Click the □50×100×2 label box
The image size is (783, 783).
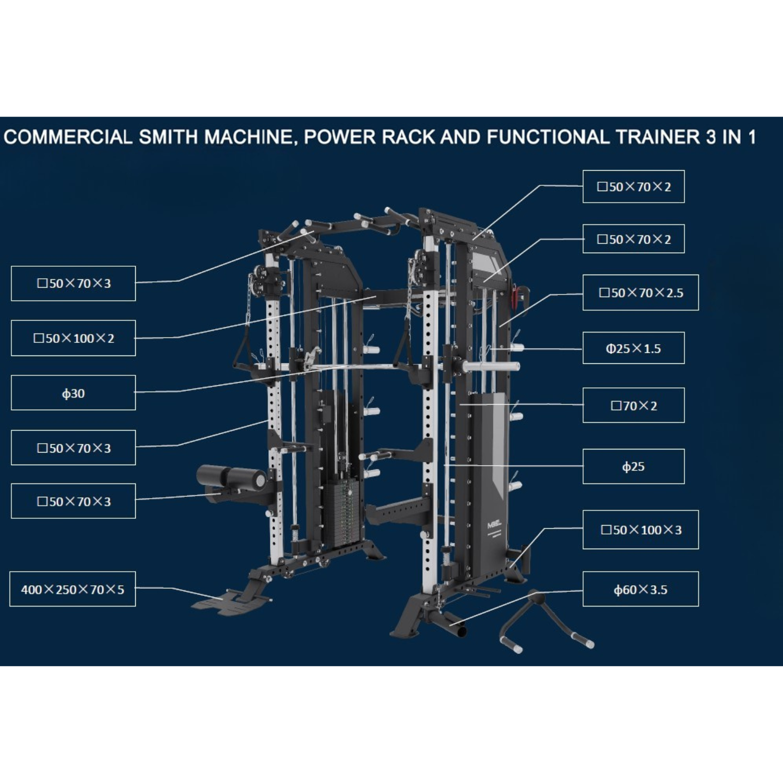[x=73, y=338]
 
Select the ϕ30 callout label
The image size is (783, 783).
[x=73, y=393]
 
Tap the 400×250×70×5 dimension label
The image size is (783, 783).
[x=73, y=589]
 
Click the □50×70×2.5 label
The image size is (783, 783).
[x=640, y=293]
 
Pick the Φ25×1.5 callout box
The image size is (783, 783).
[x=633, y=348]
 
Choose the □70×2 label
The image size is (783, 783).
[x=633, y=406]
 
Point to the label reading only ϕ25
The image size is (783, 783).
[x=633, y=467]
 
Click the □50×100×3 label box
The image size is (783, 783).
[x=640, y=530]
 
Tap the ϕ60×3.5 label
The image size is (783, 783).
[x=640, y=590]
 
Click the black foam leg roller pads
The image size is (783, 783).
[x=231, y=476]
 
